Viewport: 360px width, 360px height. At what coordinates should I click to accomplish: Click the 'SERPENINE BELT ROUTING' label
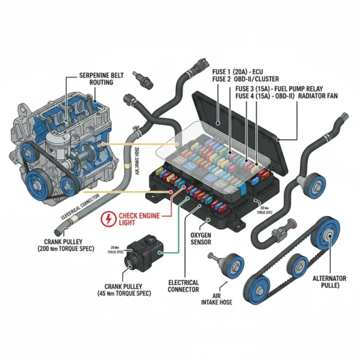[96, 78]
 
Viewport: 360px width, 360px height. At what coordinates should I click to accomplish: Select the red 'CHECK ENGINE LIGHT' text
[139, 219]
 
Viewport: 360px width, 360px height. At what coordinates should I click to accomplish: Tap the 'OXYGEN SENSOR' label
[201, 238]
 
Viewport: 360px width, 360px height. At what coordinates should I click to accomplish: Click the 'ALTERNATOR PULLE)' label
[330, 281]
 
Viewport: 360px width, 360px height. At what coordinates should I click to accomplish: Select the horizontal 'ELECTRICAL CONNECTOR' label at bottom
[183, 286]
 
